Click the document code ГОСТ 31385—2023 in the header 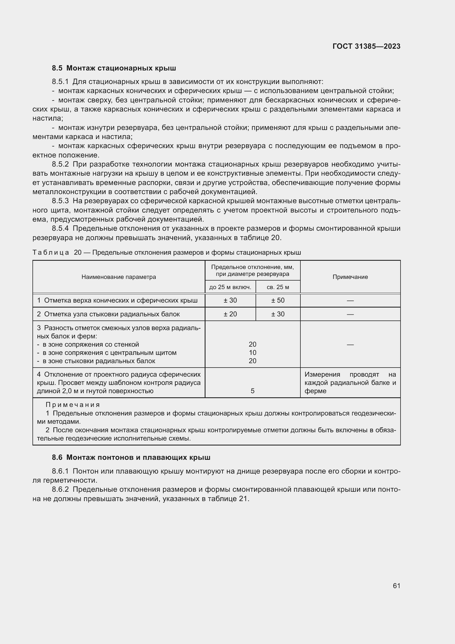point(366,46)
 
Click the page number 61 point(396,586)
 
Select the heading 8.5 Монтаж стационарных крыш point(114,68)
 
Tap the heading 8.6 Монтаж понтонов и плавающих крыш point(131,458)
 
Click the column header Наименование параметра point(119,277)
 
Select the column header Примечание point(350,277)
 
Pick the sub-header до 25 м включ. point(230,287)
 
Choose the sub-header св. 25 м point(278,287)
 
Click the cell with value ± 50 point(278,300)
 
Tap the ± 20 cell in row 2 point(230,314)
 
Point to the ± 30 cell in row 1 point(230,300)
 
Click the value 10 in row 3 point(253,353)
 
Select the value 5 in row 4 point(253,391)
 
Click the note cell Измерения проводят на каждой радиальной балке point(350,383)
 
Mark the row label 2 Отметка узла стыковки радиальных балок point(108,314)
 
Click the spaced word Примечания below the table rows point(73,405)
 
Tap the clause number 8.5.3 point(60,201)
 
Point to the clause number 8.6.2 point(60,490)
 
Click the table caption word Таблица point(51,252)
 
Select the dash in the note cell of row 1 point(350,300)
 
